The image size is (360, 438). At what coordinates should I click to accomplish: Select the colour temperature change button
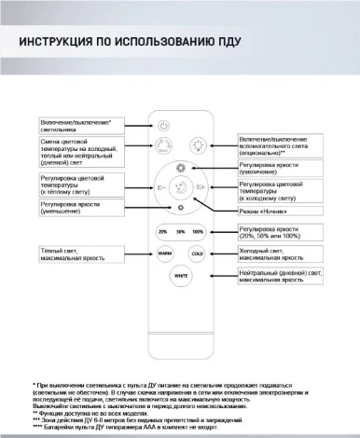coord(164,144)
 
